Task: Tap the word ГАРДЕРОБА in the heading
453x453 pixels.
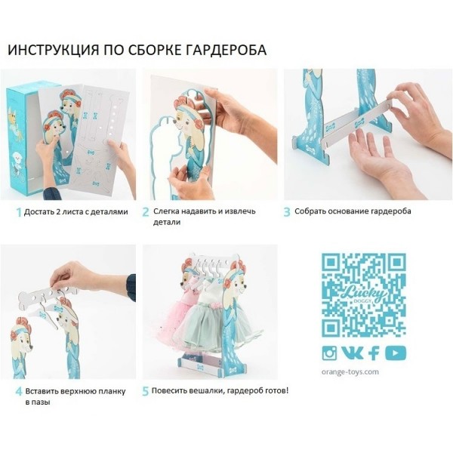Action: (225, 50)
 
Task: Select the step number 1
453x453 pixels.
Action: (19, 212)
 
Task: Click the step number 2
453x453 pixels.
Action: (146, 211)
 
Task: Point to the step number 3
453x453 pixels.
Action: (287, 211)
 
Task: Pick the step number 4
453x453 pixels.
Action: (19, 392)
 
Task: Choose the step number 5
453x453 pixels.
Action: (145, 391)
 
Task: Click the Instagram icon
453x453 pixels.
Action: (329, 353)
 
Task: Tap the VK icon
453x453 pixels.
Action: (352, 353)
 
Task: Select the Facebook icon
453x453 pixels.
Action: (374, 353)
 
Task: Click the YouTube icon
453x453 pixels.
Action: (396, 353)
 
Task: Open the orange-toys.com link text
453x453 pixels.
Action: (350, 371)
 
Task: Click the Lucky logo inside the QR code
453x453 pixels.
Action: (365, 294)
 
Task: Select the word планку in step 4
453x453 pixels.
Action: (112, 392)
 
